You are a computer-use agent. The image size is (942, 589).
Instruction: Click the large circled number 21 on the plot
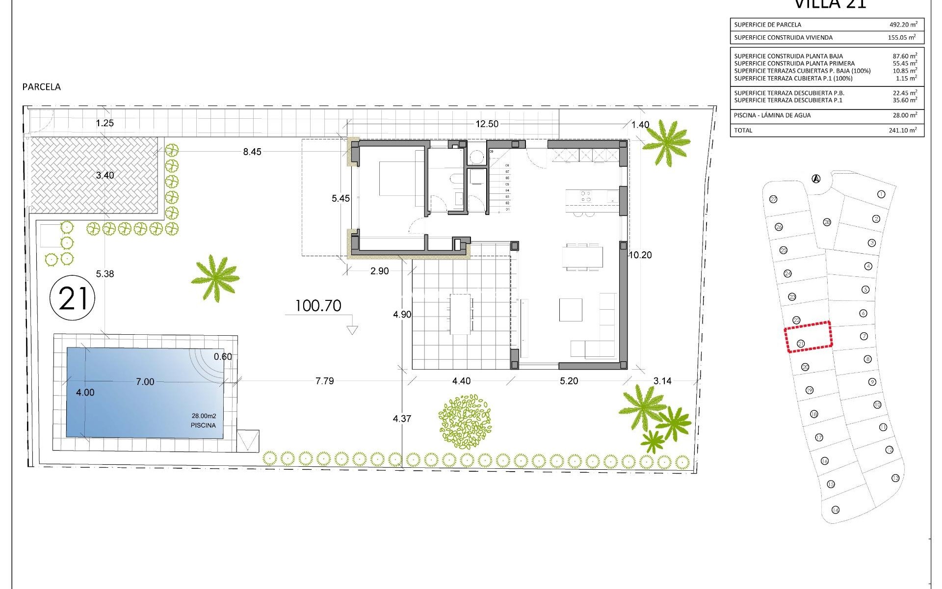(72, 298)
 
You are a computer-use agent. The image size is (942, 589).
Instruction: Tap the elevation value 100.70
(318, 306)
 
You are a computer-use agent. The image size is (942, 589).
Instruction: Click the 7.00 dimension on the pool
(145, 382)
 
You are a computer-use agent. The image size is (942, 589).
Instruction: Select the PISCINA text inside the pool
(203, 426)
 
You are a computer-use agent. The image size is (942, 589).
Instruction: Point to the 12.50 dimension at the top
(487, 124)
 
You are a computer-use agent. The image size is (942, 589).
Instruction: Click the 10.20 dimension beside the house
(640, 255)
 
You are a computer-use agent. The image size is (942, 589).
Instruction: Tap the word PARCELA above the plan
(42, 87)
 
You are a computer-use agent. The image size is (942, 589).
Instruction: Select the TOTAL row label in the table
(743, 131)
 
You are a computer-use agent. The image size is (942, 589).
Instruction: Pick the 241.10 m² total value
(903, 131)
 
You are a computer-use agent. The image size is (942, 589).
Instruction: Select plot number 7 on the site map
(864, 336)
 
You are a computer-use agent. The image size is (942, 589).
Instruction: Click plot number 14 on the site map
(836, 510)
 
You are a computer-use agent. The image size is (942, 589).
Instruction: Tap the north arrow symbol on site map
(816, 179)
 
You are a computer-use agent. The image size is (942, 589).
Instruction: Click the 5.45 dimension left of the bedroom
(340, 199)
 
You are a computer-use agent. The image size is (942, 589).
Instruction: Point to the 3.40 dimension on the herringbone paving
(105, 175)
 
